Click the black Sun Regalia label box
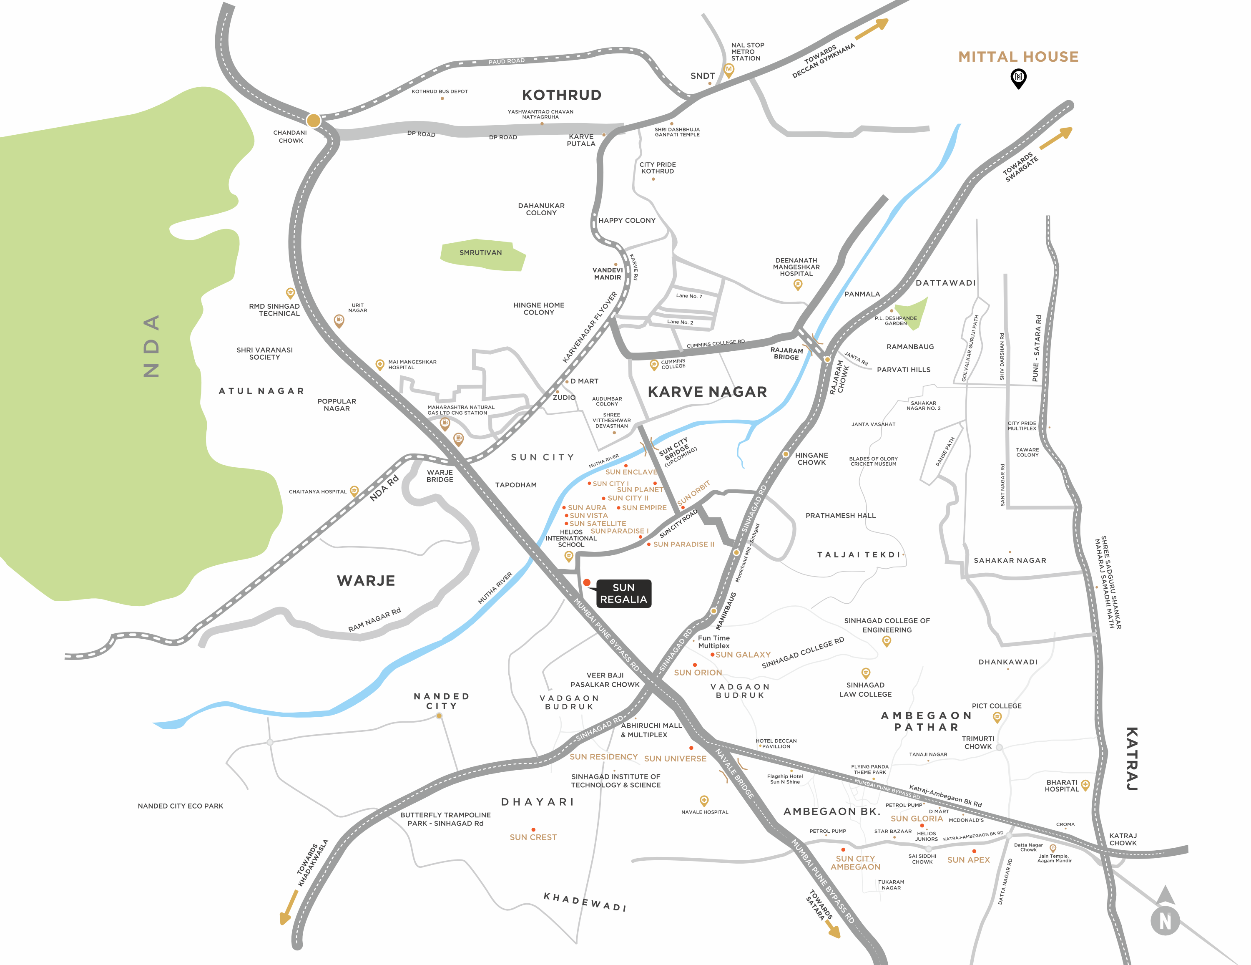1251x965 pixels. point(623,593)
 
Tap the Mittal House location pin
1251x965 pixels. point(1018,78)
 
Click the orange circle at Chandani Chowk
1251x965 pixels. point(313,120)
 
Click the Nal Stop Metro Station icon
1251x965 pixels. point(728,70)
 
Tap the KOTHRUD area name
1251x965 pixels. point(561,95)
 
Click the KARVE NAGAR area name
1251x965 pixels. point(707,392)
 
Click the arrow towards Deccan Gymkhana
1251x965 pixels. point(872,29)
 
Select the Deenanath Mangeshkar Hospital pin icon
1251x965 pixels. point(797,284)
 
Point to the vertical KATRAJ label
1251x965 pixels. point(1132,759)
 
